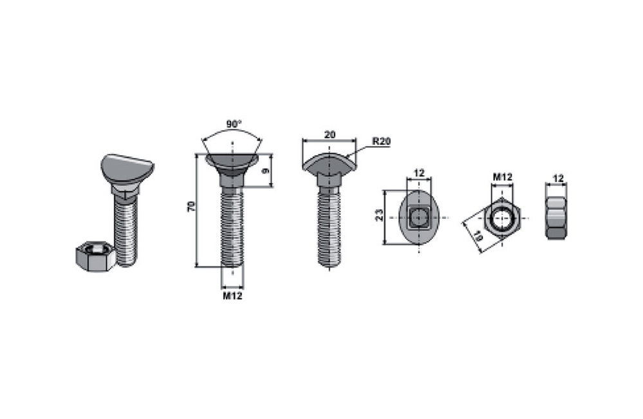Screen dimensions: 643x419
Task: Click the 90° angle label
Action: click(x=234, y=124)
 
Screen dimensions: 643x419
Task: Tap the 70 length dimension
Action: click(x=191, y=206)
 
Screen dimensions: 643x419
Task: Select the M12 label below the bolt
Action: click(x=232, y=295)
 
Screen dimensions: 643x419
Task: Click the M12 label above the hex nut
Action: click(x=502, y=177)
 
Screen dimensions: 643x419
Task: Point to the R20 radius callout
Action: click(x=382, y=142)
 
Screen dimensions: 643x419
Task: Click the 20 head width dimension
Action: click(x=330, y=135)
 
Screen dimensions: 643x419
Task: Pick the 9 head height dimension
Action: click(x=266, y=170)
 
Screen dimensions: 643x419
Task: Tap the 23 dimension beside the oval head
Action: click(x=379, y=216)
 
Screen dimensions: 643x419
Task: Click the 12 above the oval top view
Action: click(x=418, y=173)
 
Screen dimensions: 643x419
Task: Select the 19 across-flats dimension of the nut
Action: click(x=478, y=237)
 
